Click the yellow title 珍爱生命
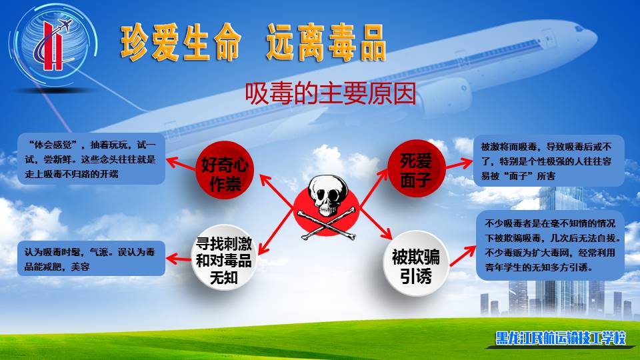[x=181, y=43]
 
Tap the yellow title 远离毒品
[x=326, y=43]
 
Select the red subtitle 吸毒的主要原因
[x=331, y=93]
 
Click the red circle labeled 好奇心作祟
[x=225, y=170]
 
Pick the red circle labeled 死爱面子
[x=416, y=168]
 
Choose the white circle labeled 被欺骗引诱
[x=416, y=263]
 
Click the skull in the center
[x=328, y=196]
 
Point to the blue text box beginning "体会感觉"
[x=91, y=159]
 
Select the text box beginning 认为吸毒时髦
[x=91, y=259]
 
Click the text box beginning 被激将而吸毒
[x=549, y=161]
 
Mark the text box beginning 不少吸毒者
[x=550, y=245]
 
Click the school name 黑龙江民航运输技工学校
[x=561, y=338]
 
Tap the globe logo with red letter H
[x=54, y=44]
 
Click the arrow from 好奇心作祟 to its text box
[x=181, y=164]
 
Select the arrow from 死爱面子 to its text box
[x=459, y=164]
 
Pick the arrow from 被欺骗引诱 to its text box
[x=463, y=255]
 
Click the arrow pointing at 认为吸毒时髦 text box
[x=179, y=259]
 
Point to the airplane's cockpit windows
[x=579, y=29]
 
